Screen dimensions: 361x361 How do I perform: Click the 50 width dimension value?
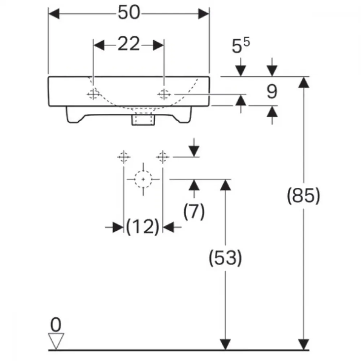(x=129, y=12)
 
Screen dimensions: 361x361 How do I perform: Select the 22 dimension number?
(x=129, y=44)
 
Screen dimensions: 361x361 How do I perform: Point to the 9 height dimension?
(x=272, y=92)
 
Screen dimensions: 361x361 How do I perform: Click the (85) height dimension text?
(x=304, y=196)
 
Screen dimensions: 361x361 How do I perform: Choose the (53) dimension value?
(x=225, y=258)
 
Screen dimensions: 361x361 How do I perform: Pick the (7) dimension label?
(x=194, y=211)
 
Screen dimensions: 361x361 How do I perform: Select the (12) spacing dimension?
(x=143, y=227)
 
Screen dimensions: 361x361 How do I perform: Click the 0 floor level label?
(x=56, y=325)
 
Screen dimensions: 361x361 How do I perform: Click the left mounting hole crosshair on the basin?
(x=93, y=94)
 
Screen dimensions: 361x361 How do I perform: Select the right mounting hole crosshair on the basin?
(x=164, y=94)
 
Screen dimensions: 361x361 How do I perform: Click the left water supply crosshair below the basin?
(x=124, y=157)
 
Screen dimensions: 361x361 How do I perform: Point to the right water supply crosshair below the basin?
(x=162, y=157)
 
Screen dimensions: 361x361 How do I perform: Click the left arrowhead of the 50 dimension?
(x=54, y=14)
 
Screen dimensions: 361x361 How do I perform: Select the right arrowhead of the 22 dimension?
(x=158, y=45)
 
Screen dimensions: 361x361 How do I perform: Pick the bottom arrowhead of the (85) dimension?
(x=304, y=344)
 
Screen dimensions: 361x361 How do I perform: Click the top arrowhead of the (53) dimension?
(x=225, y=185)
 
